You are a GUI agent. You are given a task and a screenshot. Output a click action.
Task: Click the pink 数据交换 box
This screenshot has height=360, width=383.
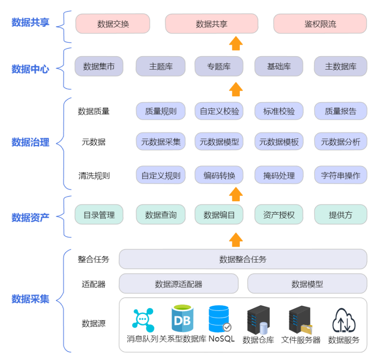click(x=113, y=24)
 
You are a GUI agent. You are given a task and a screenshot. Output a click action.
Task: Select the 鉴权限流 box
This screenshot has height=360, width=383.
click(x=320, y=24)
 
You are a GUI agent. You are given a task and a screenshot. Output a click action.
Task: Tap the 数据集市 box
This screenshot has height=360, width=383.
click(x=99, y=66)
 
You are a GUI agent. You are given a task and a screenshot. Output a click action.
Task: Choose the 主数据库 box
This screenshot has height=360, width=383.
click(x=341, y=66)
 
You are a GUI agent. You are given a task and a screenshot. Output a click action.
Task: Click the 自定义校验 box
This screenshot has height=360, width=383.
click(x=219, y=111)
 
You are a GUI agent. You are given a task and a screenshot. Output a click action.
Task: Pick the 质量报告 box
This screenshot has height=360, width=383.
click(x=341, y=111)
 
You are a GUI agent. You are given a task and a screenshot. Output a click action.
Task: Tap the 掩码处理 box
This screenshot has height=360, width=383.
click(x=279, y=175)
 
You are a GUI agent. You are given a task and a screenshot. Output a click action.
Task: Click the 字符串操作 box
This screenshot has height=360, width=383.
click(x=341, y=175)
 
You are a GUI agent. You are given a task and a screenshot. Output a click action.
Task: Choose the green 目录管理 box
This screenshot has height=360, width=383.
click(x=99, y=215)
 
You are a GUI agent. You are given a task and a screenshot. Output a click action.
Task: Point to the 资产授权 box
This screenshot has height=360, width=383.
click(x=279, y=215)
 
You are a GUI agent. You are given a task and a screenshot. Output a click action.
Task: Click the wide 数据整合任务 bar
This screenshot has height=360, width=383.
click(x=243, y=259)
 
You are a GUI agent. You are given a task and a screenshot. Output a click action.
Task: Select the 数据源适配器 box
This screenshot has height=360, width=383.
click(x=178, y=284)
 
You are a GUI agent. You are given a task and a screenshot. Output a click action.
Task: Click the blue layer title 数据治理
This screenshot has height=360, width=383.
click(x=30, y=142)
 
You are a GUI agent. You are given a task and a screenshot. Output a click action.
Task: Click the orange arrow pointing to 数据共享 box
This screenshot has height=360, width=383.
click(x=236, y=43)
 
